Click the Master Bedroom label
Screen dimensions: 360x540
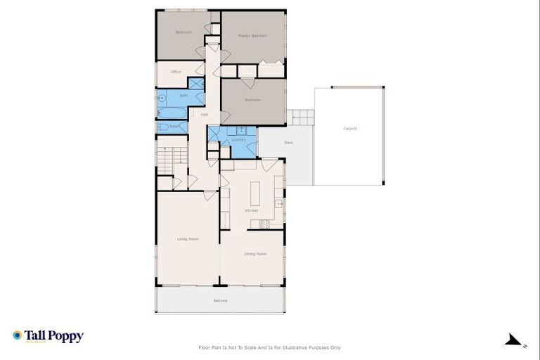[252, 36]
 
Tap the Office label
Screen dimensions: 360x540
[176, 72]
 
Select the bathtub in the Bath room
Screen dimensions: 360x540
[172, 112]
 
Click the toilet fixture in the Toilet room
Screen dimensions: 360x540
[162, 127]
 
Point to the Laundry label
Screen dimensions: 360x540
[238, 139]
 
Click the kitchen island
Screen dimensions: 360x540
[254, 193]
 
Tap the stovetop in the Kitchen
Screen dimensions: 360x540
[265, 225]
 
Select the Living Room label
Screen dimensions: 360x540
[188, 239]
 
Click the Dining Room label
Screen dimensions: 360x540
[255, 254]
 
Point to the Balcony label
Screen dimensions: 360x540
[220, 301]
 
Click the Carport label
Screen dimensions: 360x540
[349, 129]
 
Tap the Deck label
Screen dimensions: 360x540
[288, 143]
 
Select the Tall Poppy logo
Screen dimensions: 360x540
[48, 336]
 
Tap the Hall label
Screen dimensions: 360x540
[204, 115]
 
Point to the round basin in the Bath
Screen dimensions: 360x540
[162, 97]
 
